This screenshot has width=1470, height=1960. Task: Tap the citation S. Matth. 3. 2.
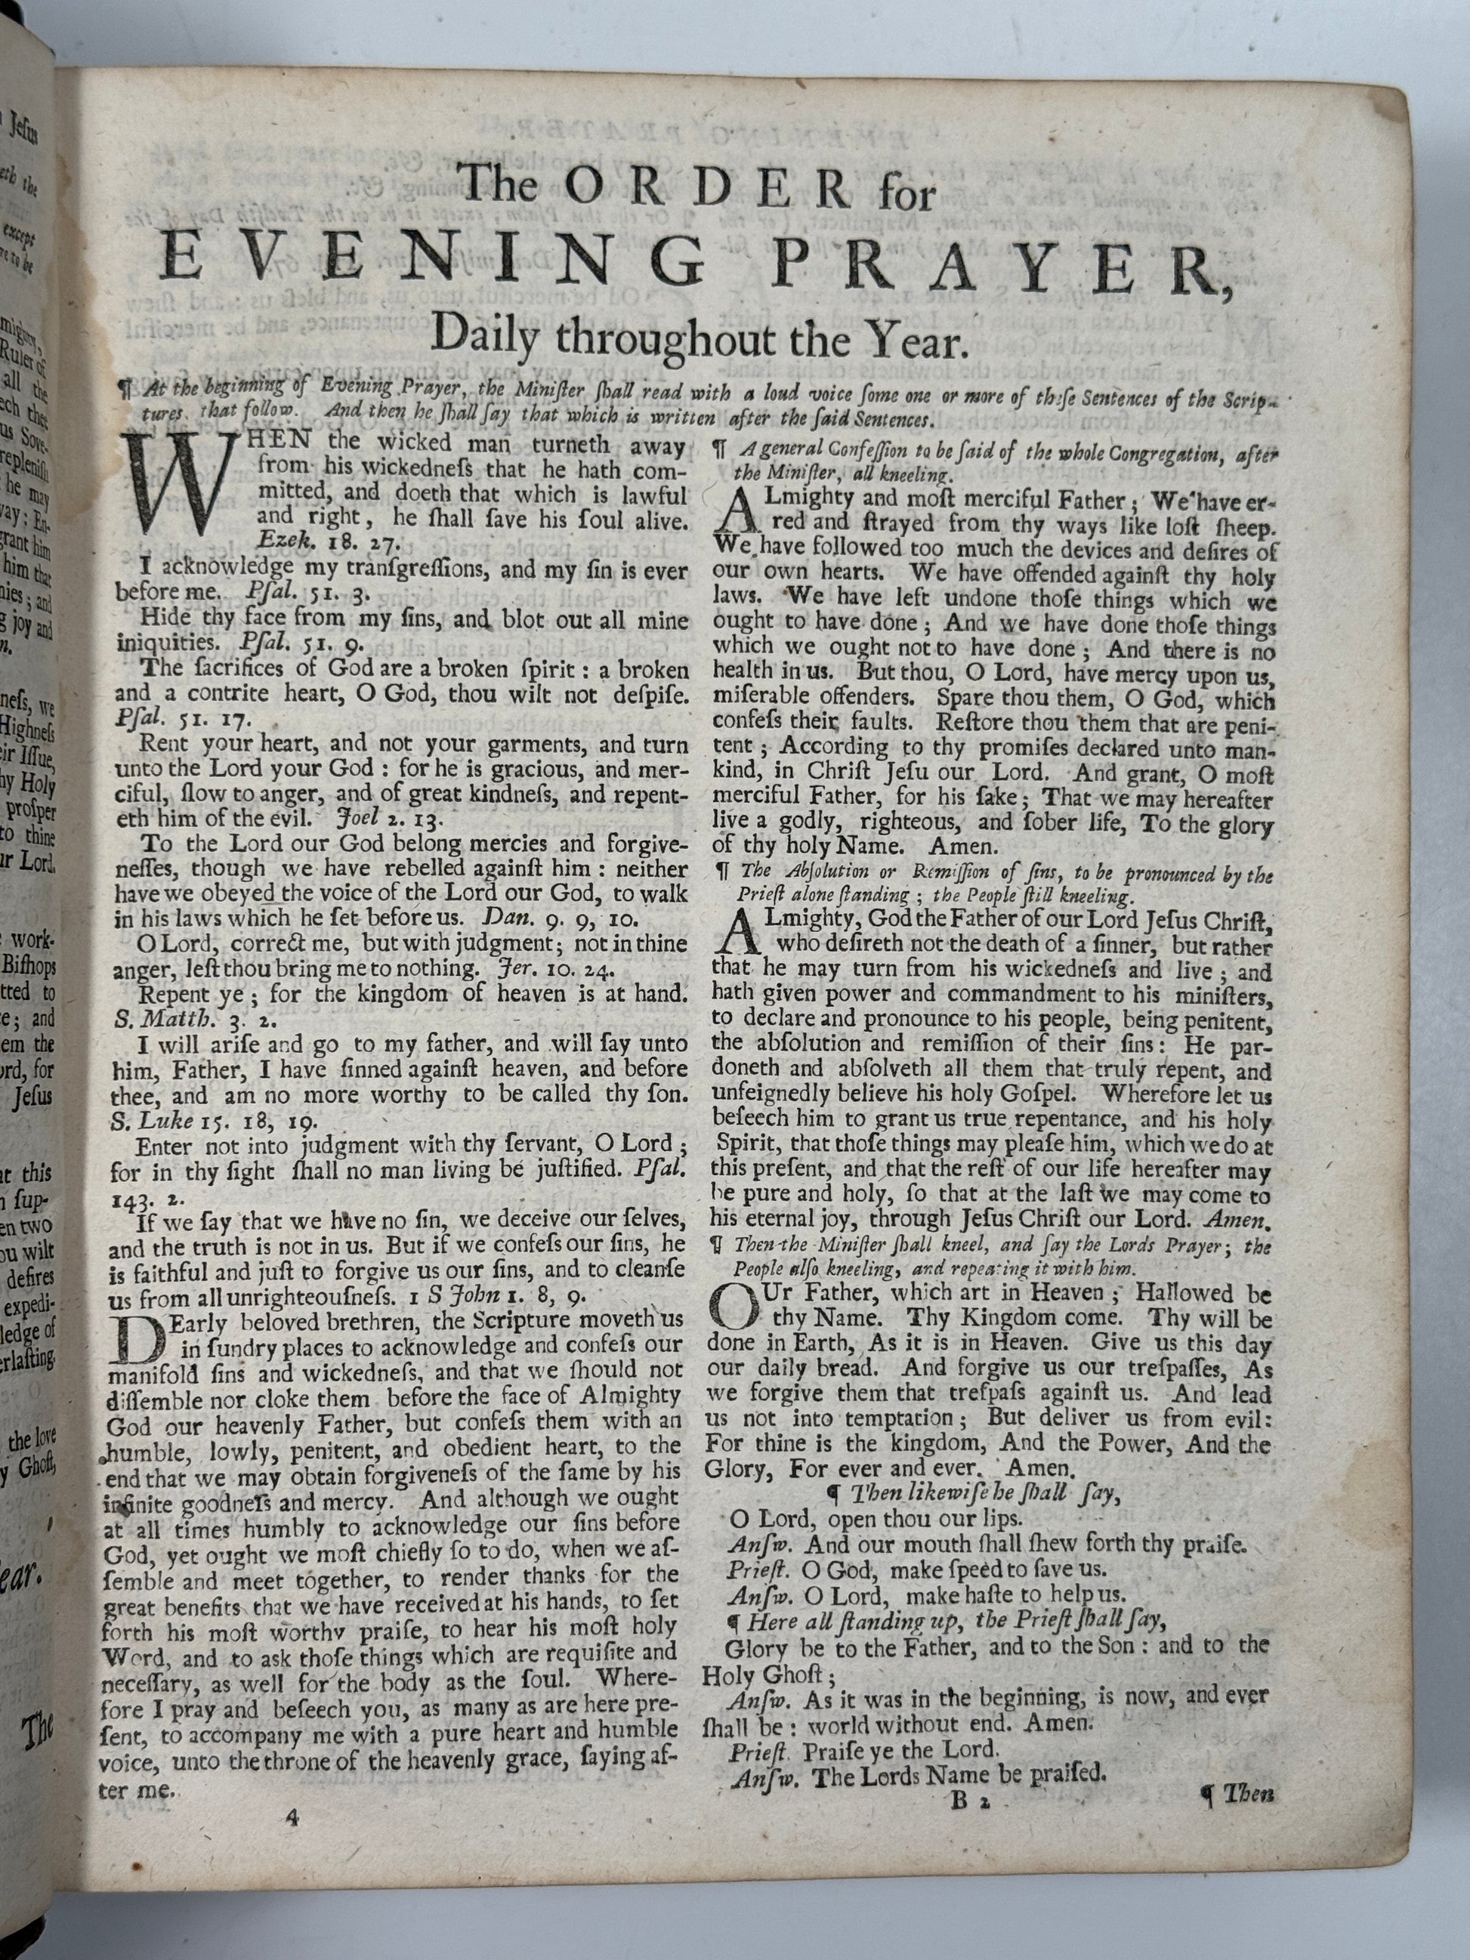tap(175, 1020)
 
